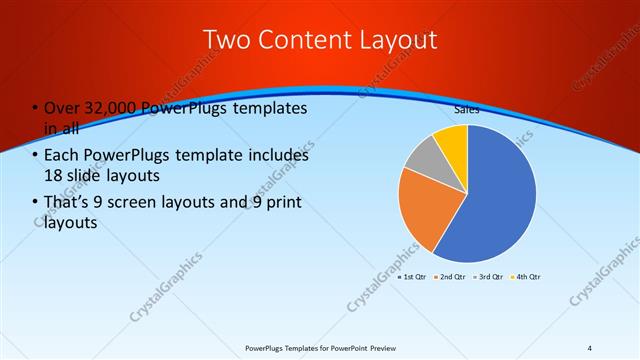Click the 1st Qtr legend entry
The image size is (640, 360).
pos(414,276)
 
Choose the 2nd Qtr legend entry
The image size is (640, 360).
pos(451,276)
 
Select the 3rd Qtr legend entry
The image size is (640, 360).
pos(489,276)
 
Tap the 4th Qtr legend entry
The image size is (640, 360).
pos(527,276)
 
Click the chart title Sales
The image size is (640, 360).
pos(467,110)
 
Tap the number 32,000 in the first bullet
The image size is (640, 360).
pos(106,108)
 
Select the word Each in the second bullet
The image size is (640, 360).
pos(59,156)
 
